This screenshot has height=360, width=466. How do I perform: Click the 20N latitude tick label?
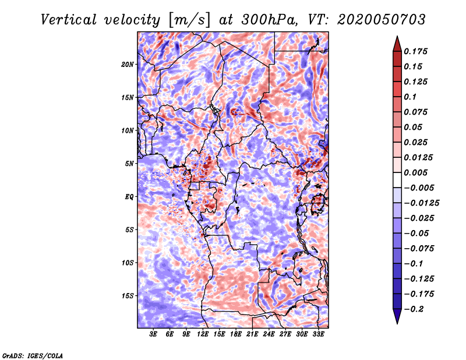coord(128,65)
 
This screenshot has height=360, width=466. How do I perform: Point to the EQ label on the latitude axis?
coord(129,197)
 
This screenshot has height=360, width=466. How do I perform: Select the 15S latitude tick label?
coord(128,296)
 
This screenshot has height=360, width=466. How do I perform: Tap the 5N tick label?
coord(129,164)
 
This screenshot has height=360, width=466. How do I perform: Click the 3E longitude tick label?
coord(153,334)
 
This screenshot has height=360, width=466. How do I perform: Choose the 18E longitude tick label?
coord(236,334)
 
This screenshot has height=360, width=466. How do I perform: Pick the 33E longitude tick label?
coord(318,334)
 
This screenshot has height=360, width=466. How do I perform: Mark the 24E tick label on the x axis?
coord(269,334)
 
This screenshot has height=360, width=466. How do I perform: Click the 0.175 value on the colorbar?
coord(415,51)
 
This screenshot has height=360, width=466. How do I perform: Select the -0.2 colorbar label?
coord(414,309)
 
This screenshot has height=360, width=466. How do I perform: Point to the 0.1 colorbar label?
coord(410,97)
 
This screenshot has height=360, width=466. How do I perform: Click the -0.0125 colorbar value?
coord(421,203)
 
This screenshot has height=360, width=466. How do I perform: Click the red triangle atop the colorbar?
coord(397,44)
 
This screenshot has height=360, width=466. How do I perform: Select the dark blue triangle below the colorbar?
coord(397,316)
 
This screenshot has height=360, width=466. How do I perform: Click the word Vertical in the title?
coord(69,20)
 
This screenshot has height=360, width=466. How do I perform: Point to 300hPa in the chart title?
coord(269,20)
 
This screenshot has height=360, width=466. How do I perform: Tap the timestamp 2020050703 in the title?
coord(382,20)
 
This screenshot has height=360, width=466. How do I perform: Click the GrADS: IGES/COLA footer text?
coord(33,356)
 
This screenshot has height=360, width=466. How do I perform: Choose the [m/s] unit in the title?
coord(189,20)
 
